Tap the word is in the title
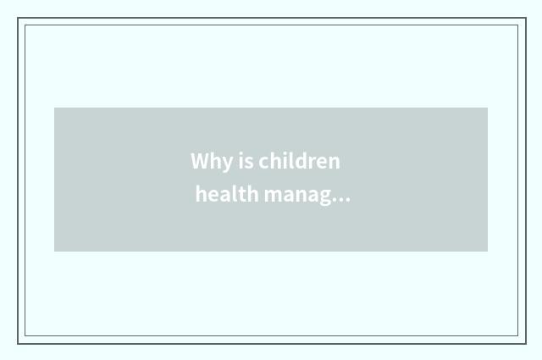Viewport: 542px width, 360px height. point(245,161)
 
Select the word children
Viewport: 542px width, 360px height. point(300,161)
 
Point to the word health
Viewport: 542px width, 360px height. point(227,195)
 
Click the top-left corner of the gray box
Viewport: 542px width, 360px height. point(54,108)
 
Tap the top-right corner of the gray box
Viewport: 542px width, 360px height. point(488,108)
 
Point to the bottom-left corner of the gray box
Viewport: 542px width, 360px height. point(54,252)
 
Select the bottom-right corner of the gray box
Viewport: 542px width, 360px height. point(488,252)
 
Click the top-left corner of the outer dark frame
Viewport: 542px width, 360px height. point(18,18)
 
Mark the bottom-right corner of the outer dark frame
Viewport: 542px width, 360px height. point(526,343)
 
